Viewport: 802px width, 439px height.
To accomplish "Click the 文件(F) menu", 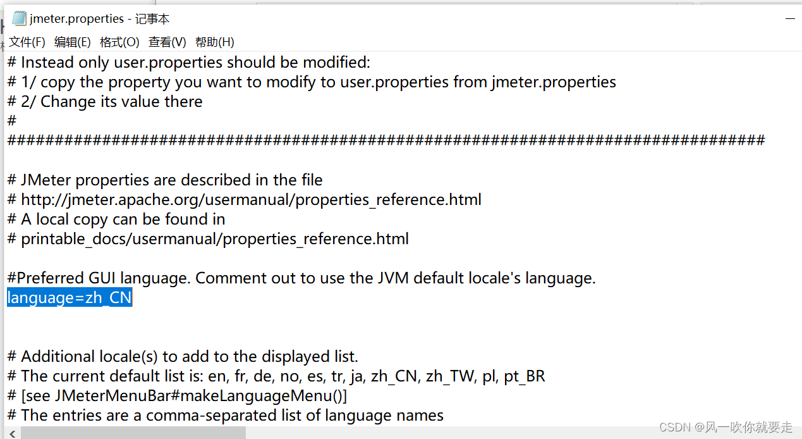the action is click(27, 42).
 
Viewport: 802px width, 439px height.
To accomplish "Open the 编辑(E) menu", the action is click(73, 42).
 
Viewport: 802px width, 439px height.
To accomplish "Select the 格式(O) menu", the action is click(119, 42).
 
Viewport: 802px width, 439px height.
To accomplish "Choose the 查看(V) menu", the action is click(167, 42).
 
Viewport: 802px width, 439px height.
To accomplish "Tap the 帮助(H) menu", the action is click(214, 42).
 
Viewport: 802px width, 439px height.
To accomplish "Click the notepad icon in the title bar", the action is click(19, 19).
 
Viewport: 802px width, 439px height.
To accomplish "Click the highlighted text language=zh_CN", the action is click(70, 298).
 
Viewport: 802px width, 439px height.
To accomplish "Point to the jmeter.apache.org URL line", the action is click(251, 200).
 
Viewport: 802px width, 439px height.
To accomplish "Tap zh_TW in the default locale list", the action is click(450, 376).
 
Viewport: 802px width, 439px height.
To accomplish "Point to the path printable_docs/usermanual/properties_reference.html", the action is click(215, 239).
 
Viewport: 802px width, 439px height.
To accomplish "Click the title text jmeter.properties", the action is click(76, 19).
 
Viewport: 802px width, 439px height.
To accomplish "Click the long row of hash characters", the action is click(386, 140).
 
